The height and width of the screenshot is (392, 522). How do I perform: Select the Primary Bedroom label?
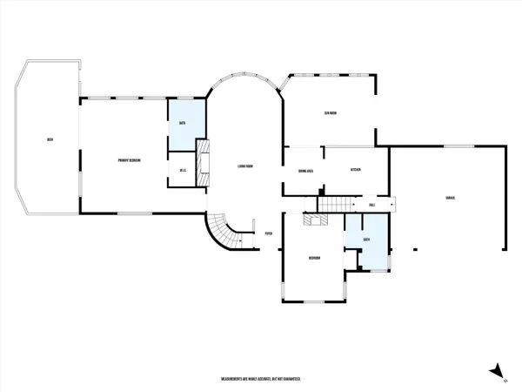click(x=130, y=161)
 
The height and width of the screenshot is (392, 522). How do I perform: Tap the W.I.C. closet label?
click(x=184, y=170)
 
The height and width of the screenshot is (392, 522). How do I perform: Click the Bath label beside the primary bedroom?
click(x=183, y=124)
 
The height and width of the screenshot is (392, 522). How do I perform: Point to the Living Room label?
click(x=244, y=166)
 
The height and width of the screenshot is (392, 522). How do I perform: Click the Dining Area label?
click(x=304, y=171)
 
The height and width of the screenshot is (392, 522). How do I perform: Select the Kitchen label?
click(x=355, y=170)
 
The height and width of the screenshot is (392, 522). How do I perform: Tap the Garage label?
click(x=450, y=199)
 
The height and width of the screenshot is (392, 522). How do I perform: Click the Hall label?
click(x=371, y=206)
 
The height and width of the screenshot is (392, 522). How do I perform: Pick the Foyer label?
click(x=270, y=233)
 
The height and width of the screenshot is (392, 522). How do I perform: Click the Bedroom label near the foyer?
click(x=315, y=259)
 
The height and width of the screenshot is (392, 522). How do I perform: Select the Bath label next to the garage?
click(x=367, y=239)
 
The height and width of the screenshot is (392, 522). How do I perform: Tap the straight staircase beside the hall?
click(x=336, y=205)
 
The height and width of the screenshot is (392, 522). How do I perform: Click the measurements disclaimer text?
click(x=260, y=380)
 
